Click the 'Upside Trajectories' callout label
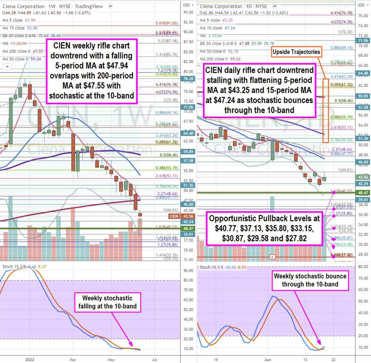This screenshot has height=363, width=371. point(296,52)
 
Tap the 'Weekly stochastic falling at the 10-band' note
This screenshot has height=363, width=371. point(107,302)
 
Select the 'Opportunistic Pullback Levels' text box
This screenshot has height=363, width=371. point(264,228)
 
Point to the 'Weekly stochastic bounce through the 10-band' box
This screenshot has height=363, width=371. point(310,280)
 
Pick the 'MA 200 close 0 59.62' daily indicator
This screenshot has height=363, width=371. point(220,59)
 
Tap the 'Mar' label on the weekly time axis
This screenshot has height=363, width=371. point(73,360)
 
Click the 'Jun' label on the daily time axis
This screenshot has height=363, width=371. point(267,360)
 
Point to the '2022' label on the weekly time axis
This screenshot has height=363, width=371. point(30,360)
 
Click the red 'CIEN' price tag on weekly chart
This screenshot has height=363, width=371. point(174,216)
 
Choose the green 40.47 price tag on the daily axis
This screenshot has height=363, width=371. point(363,193)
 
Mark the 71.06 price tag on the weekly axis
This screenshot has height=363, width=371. point(188,107)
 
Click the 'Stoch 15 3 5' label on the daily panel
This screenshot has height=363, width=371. point(211,267)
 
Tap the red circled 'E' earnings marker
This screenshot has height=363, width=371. point(272,257)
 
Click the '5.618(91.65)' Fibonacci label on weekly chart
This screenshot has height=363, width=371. point(167,23)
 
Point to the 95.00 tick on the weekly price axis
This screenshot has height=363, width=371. point(188,12)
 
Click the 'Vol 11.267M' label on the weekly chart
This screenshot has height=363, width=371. point(15,43)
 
